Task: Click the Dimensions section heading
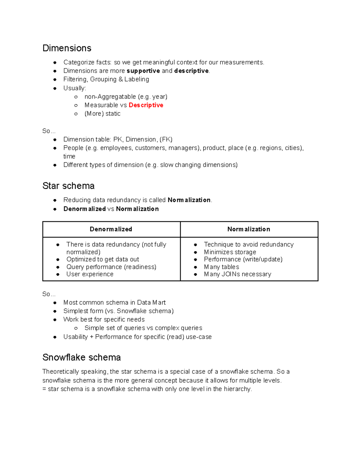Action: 67,48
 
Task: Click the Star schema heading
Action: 68,186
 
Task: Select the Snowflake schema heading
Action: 82,357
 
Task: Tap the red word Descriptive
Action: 146,105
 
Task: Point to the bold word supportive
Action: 143,71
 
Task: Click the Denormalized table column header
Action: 111,229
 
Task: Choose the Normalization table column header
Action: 249,229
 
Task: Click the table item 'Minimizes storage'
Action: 230,252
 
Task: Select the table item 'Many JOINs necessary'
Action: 237,274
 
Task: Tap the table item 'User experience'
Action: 90,274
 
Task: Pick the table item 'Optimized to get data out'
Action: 103,259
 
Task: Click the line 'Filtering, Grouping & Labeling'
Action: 106,79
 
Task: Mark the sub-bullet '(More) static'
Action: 102,113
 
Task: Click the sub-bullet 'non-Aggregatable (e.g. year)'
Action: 126,97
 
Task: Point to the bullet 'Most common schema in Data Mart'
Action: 114,302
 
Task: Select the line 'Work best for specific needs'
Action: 104,319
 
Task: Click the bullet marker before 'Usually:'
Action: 55,88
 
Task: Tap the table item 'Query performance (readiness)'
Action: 111,267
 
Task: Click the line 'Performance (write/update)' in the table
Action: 243,259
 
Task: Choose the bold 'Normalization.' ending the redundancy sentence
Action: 190,200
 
